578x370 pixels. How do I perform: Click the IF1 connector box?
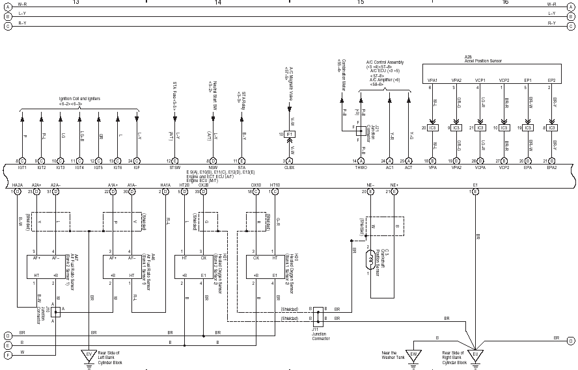tap(290, 134)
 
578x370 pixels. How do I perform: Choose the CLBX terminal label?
tap(290, 167)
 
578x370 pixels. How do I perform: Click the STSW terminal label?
tap(174, 167)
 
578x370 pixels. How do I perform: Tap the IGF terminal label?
tap(137, 167)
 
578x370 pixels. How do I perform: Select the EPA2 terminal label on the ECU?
tap(552, 167)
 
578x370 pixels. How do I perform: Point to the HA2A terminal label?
tap(18, 185)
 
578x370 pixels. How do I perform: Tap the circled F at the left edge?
tap(8, 355)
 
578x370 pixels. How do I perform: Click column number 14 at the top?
tap(218, 3)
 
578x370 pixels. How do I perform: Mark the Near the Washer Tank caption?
tap(394, 356)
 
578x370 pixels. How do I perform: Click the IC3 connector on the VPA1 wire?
tap(433, 127)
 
